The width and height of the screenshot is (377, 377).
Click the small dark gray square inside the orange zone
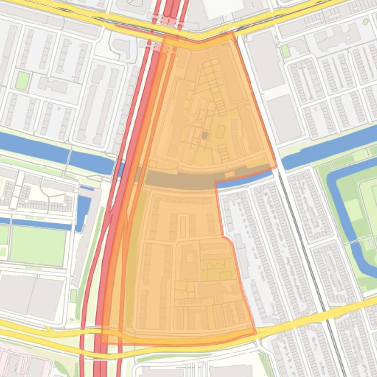pos(205,135)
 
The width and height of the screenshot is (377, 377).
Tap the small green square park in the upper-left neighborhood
pos(22,80)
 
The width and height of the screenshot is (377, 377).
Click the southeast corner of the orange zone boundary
pos(255,334)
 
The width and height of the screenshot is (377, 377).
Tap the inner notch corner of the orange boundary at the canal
pos(216,181)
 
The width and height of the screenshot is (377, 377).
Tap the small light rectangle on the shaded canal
pos(229,174)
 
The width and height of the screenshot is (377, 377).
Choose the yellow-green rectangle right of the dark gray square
pos(221,131)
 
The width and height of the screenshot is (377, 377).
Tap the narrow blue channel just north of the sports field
pos(39,223)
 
